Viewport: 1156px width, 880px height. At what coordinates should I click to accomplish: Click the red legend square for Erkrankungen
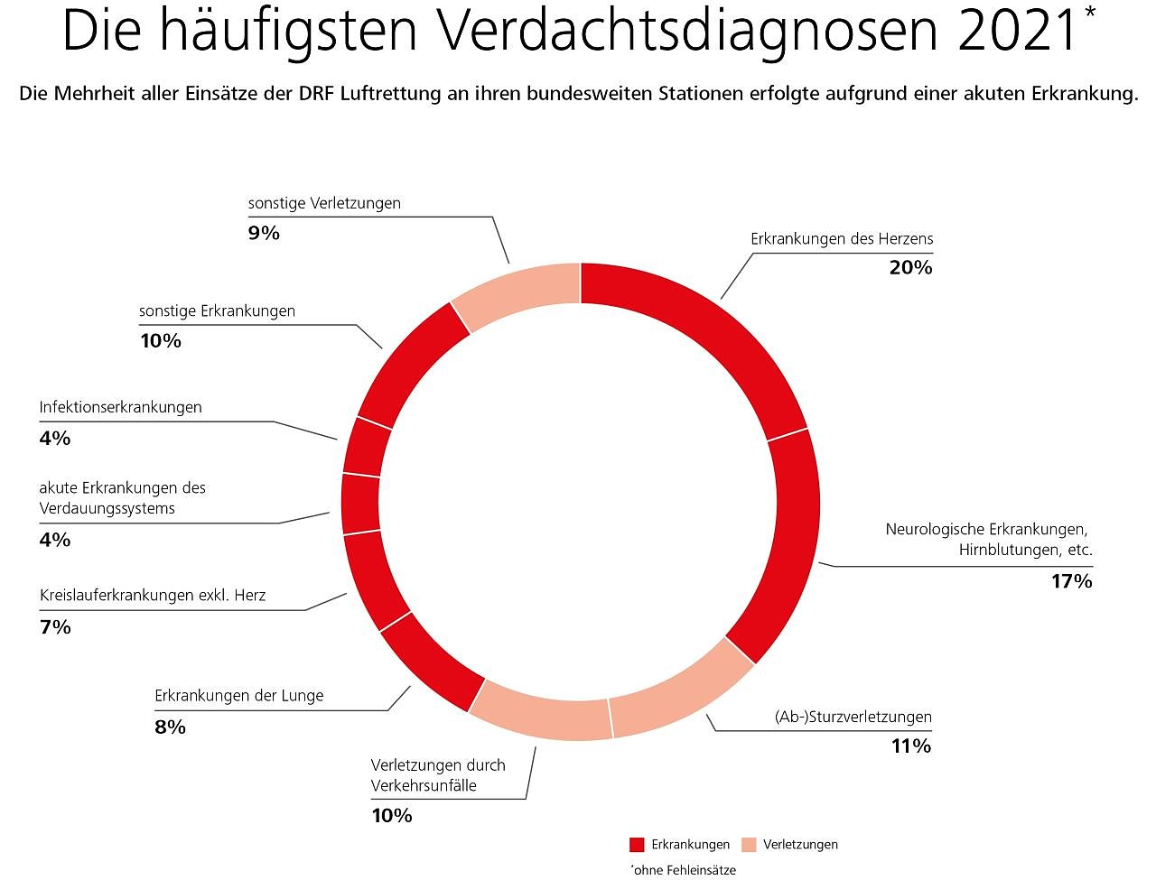(x=637, y=845)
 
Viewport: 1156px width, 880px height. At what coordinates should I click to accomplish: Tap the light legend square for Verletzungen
(x=749, y=845)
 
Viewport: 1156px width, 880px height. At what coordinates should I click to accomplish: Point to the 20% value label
(x=910, y=267)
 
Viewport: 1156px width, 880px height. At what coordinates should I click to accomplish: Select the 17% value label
(x=1071, y=581)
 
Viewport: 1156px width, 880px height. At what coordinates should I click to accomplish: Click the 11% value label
(x=909, y=746)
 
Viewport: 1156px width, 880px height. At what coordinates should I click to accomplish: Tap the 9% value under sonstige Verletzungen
(x=264, y=233)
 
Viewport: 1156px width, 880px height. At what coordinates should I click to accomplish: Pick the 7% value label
(x=55, y=626)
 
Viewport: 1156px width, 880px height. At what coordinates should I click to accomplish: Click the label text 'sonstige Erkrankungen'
(x=217, y=310)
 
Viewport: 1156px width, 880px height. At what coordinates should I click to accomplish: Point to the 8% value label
(x=170, y=727)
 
